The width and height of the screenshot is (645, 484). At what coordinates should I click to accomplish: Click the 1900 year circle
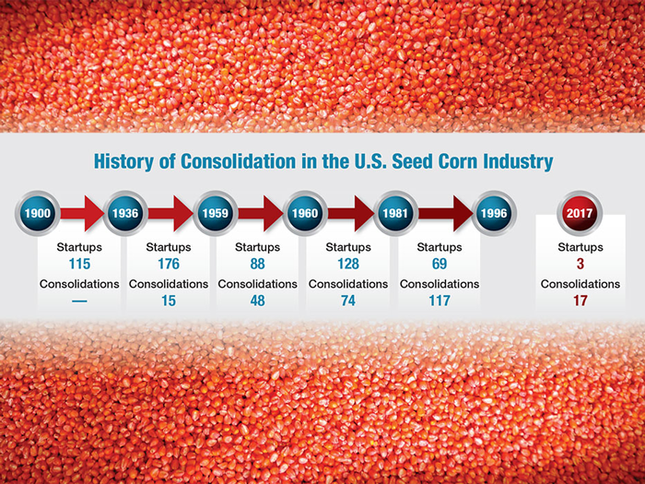point(37,214)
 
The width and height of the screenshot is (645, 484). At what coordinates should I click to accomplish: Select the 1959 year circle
point(215,214)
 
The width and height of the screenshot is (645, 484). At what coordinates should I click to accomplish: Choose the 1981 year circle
point(396,214)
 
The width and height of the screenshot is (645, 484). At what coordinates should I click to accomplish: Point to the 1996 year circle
point(492,214)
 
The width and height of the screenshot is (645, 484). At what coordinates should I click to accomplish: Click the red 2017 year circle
point(580,214)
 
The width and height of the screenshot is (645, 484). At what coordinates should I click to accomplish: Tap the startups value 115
point(79,264)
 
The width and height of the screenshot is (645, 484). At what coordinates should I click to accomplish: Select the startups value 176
point(169,264)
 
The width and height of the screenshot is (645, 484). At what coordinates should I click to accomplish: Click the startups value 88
point(258,264)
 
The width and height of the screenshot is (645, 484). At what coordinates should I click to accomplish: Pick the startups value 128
point(348,264)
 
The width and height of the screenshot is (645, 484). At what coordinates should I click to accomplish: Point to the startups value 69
point(440,264)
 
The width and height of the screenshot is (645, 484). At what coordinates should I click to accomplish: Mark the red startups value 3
point(580,264)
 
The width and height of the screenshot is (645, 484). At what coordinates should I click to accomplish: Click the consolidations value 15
point(169,301)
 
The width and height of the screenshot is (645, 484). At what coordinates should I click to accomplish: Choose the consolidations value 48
point(258,301)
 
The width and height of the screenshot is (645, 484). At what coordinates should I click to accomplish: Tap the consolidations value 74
point(348,301)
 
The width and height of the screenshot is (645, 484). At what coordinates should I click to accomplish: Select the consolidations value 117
point(440,301)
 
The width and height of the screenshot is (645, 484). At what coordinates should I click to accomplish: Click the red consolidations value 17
point(580,301)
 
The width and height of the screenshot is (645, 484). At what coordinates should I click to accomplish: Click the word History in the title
point(123,161)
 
